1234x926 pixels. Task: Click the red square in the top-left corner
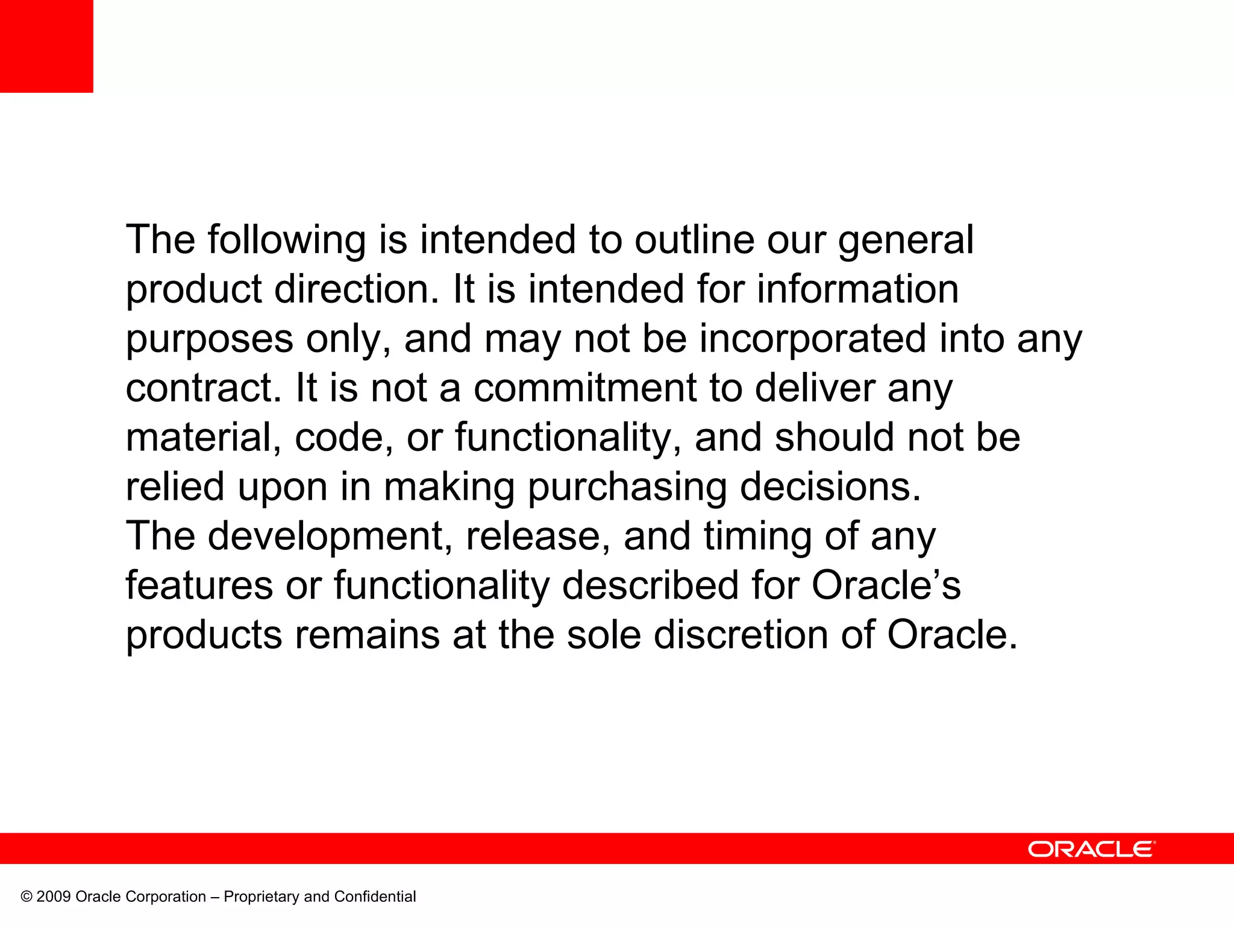[46, 46]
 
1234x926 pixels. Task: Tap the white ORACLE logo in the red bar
[1091, 849]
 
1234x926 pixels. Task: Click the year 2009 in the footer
[53, 897]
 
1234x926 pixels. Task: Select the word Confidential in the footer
[375, 897]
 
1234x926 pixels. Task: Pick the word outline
[694, 240]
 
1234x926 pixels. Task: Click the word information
[857, 289]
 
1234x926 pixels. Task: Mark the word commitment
[584, 388]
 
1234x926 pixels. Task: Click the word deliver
[815, 388]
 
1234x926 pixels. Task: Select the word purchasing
[627, 488]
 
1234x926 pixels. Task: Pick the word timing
[757, 537]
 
